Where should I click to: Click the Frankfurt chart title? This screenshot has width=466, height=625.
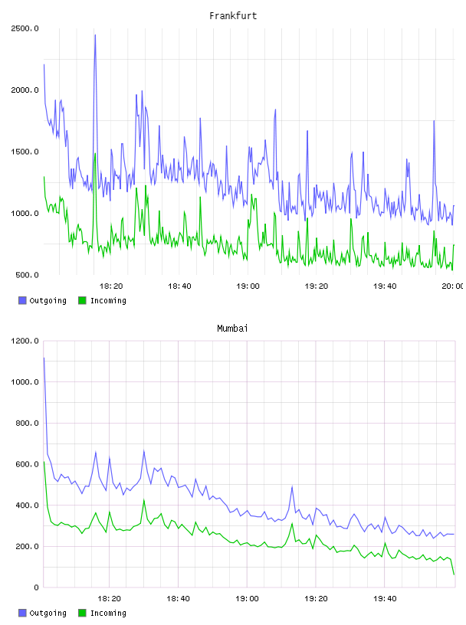pos(233,16)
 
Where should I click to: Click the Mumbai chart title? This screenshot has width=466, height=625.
pos(232,329)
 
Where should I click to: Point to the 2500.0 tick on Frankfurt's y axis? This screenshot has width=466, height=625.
pos(25,28)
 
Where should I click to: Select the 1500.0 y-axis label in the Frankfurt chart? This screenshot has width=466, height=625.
pos(25,152)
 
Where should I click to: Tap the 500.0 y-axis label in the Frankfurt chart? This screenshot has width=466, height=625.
pos(27,275)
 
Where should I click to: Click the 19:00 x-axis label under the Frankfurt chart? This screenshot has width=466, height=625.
pos(248,286)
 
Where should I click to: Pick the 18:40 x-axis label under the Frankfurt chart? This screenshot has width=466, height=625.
pos(179,286)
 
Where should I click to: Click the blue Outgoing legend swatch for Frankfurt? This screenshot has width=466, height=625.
pos(22,300)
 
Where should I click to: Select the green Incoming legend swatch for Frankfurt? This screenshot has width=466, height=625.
pos(82,300)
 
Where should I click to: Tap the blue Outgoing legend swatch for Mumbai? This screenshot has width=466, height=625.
pos(22,613)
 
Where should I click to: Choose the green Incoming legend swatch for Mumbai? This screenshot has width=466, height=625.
pos(82,613)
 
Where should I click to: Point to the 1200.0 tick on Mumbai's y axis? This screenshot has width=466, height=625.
pos(25,341)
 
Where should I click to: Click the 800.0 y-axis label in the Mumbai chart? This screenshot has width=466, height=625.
pos(27,423)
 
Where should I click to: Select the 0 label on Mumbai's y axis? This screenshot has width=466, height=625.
pos(36,587)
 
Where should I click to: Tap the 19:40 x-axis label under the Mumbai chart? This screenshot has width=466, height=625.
pos(385,598)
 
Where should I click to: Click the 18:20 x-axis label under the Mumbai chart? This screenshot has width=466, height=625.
pos(109,598)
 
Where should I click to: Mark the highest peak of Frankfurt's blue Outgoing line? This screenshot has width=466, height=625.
pos(95,35)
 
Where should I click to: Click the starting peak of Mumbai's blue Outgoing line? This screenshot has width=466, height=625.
pos(44,358)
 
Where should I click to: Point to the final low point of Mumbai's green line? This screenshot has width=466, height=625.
pos(454,574)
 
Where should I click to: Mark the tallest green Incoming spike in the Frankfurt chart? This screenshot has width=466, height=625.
pos(95,153)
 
